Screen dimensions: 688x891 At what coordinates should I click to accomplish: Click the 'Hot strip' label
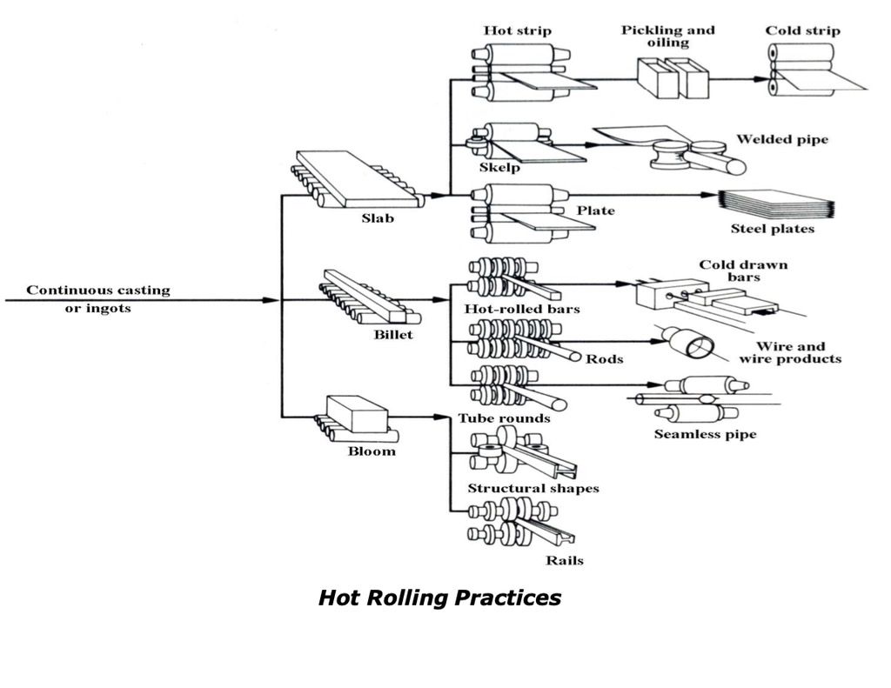(517, 31)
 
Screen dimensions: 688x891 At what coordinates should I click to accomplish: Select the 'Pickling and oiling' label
(667, 37)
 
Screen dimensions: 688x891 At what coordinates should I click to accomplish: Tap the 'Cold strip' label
(802, 31)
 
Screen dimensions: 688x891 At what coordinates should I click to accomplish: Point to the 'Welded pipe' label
(781, 139)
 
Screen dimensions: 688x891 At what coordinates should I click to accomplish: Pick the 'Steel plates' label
(772, 229)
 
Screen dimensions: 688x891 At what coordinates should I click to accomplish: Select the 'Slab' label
(378, 218)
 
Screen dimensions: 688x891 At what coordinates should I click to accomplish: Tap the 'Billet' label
(393, 334)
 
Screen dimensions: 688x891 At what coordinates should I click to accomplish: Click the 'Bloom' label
(372, 451)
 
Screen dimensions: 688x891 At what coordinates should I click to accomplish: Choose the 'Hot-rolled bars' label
(516, 309)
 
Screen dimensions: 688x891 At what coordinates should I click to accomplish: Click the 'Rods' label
(604, 358)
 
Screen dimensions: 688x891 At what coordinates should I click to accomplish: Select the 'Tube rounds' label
(504, 418)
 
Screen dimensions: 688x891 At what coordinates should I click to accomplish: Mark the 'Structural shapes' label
(533, 489)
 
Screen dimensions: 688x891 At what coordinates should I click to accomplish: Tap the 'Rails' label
(564, 560)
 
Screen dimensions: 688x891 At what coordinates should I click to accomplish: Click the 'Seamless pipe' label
(705, 434)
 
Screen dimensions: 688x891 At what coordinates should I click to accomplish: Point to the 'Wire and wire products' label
(790, 352)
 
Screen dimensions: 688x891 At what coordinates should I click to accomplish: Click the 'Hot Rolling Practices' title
(439, 598)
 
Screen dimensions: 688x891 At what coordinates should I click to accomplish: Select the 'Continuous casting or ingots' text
(97, 299)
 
